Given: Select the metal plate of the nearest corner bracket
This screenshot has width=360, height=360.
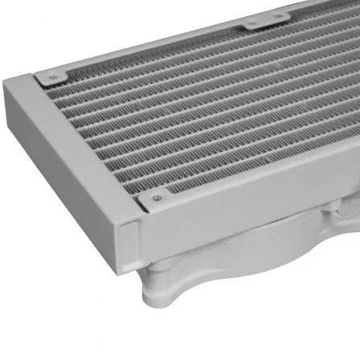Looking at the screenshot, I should click(157, 198).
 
